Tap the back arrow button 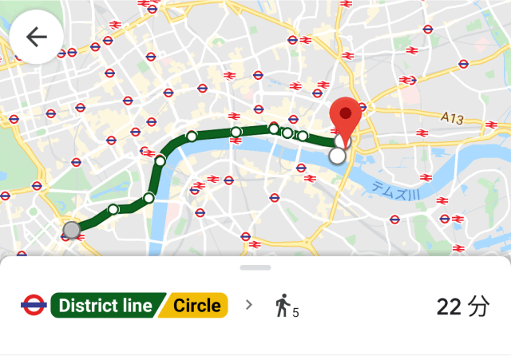pyautogui.click(x=37, y=37)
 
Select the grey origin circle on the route pyautogui.click(x=72, y=230)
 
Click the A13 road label pyautogui.click(x=452, y=117)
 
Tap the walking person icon pyautogui.click(x=282, y=305)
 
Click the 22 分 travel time pyautogui.click(x=463, y=306)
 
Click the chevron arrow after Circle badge pyautogui.click(x=248, y=305)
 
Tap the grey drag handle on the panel pyautogui.click(x=255, y=267)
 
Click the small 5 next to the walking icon pyautogui.click(x=295, y=312)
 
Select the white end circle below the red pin pyautogui.click(x=338, y=156)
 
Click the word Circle pyautogui.click(x=196, y=305)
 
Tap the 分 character pyautogui.click(x=478, y=306)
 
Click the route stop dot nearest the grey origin pyautogui.click(x=113, y=209)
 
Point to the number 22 pyautogui.click(x=450, y=306)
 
